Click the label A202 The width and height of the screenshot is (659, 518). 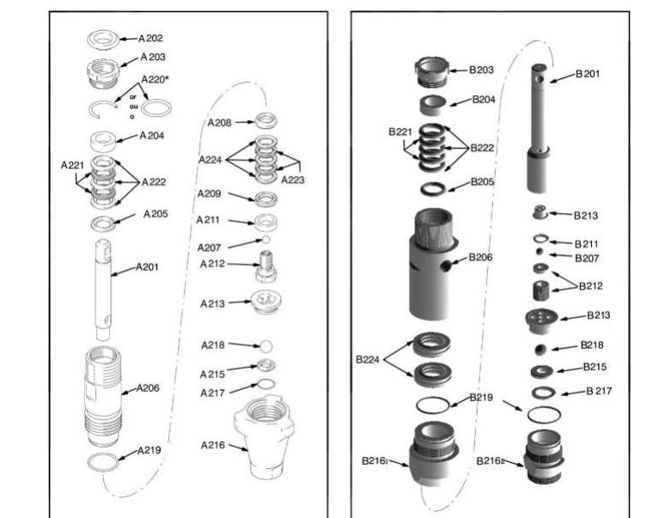(x=150, y=39)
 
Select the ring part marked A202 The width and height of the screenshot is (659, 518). (x=103, y=40)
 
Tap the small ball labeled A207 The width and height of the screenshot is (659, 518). (x=265, y=240)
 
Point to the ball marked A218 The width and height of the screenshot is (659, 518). (x=266, y=346)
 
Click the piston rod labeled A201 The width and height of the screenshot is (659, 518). (x=103, y=289)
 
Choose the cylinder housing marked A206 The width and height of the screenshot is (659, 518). (x=103, y=397)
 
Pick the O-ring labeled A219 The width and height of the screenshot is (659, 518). (x=103, y=462)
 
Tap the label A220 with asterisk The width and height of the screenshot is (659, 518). (x=155, y=79)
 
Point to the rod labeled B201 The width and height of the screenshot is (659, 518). (x=539, y=128)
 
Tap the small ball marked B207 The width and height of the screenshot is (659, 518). (x=540, y=252)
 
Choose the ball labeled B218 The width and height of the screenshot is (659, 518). (x=540, y=350)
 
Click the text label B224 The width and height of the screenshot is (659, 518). (x=368, y=359)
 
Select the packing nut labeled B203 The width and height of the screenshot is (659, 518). (x=431, y=72)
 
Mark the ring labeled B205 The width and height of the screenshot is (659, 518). (x=433, y=189)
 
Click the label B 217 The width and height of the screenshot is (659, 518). (x=599, y=391)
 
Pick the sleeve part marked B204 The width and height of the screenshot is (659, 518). (x=434, y=106)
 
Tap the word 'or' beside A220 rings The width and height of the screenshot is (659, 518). (x=133, y=97)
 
